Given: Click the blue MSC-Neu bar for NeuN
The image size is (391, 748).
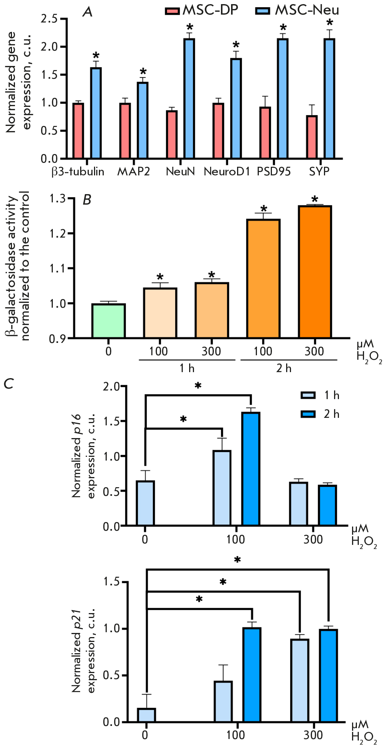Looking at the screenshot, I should [189, 98].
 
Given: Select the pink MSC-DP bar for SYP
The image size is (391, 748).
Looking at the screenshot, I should [312, 137].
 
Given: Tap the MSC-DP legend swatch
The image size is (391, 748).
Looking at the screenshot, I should [172, 11].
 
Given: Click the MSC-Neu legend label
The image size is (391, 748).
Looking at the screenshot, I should [307, 10].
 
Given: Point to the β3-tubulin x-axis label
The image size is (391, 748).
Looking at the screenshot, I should [78, 172].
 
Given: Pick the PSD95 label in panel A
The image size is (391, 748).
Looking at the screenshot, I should [274, 172].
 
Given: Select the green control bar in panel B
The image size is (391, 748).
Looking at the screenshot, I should [109, 321].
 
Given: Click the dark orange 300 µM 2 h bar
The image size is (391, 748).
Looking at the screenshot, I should [315, 272].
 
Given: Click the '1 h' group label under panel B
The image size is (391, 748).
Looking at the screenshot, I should [187, 368].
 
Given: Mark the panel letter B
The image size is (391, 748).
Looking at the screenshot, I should [87, 200].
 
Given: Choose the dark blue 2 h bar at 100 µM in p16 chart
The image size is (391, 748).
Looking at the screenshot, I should [251, 469].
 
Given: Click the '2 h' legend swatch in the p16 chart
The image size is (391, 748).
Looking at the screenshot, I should [308, 414].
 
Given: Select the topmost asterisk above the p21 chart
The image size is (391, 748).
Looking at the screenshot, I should [237, 560].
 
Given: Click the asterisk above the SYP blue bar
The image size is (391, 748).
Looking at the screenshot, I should [330, 22].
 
